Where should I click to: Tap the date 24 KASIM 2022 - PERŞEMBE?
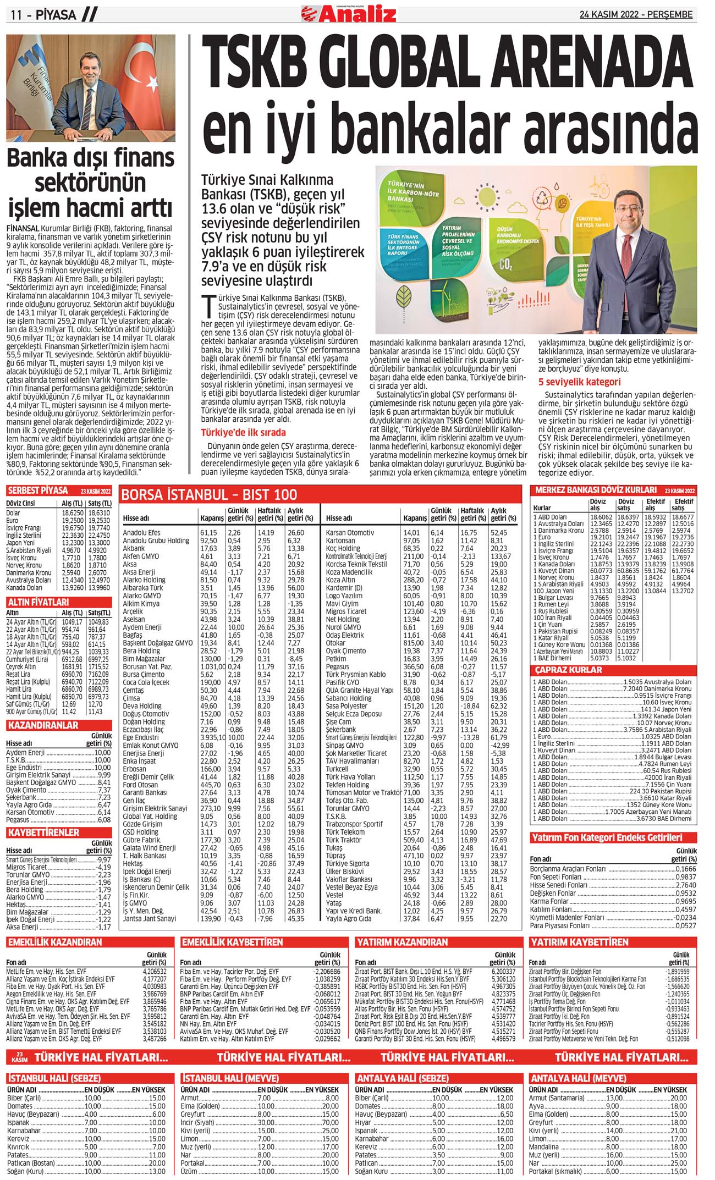636,15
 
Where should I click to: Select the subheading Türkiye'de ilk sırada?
243,432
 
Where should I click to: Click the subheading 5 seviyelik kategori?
579,382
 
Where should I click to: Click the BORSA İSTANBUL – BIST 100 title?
209,494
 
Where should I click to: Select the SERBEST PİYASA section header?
37,490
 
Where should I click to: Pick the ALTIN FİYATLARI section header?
38,602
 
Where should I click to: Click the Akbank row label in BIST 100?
134,548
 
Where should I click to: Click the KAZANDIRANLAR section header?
43,725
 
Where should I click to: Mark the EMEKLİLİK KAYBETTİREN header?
232,942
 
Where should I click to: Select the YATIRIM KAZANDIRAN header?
403,942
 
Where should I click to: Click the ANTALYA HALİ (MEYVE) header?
578,1078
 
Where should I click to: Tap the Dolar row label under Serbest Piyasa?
13,512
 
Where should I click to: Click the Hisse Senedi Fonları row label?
559,885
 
